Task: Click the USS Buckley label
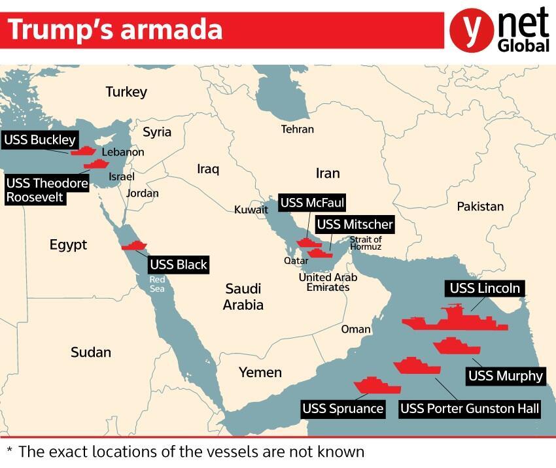(40, 139)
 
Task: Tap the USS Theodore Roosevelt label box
(47, 190)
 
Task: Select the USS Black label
(179, 265)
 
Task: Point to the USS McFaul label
(312, 203)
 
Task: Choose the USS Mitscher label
(355, 225)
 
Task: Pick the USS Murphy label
(506, 375)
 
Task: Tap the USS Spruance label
(343, 409)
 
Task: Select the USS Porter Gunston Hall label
(470, 409)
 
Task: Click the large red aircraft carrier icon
(455, 319)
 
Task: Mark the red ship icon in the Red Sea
(135, 246)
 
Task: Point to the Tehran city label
(298, 129)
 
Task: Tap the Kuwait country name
(251, 210)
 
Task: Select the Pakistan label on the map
(480, 207)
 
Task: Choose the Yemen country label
(260, 373)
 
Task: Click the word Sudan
(91, 352)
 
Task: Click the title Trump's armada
(114, 30)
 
